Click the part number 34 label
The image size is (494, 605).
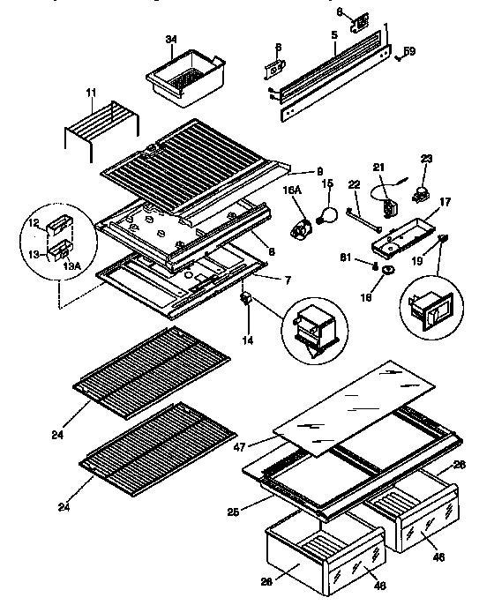click(x=172, y=40)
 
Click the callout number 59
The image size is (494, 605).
click(x=409, y=51)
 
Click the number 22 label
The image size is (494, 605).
click(x=354, y=183)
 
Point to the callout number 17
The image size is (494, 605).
click(x=445, y=201)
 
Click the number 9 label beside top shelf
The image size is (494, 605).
click(x=320, y=171)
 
